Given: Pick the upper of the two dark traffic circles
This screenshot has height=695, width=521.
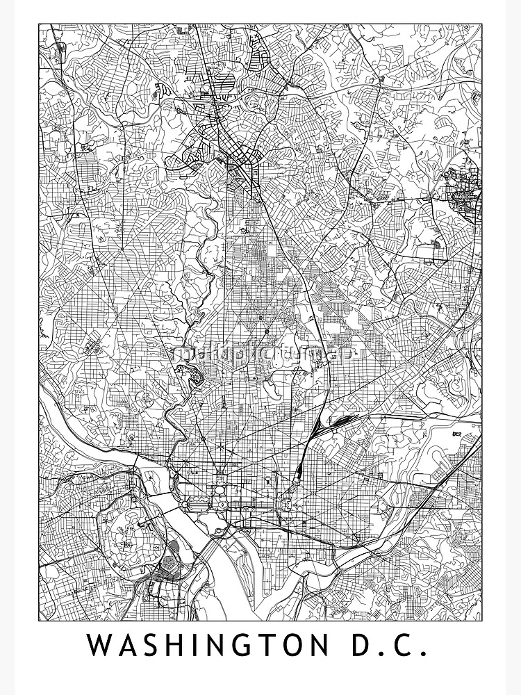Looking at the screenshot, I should tap(260, 318).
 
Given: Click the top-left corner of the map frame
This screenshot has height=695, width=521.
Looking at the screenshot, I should tap(39, 24).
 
